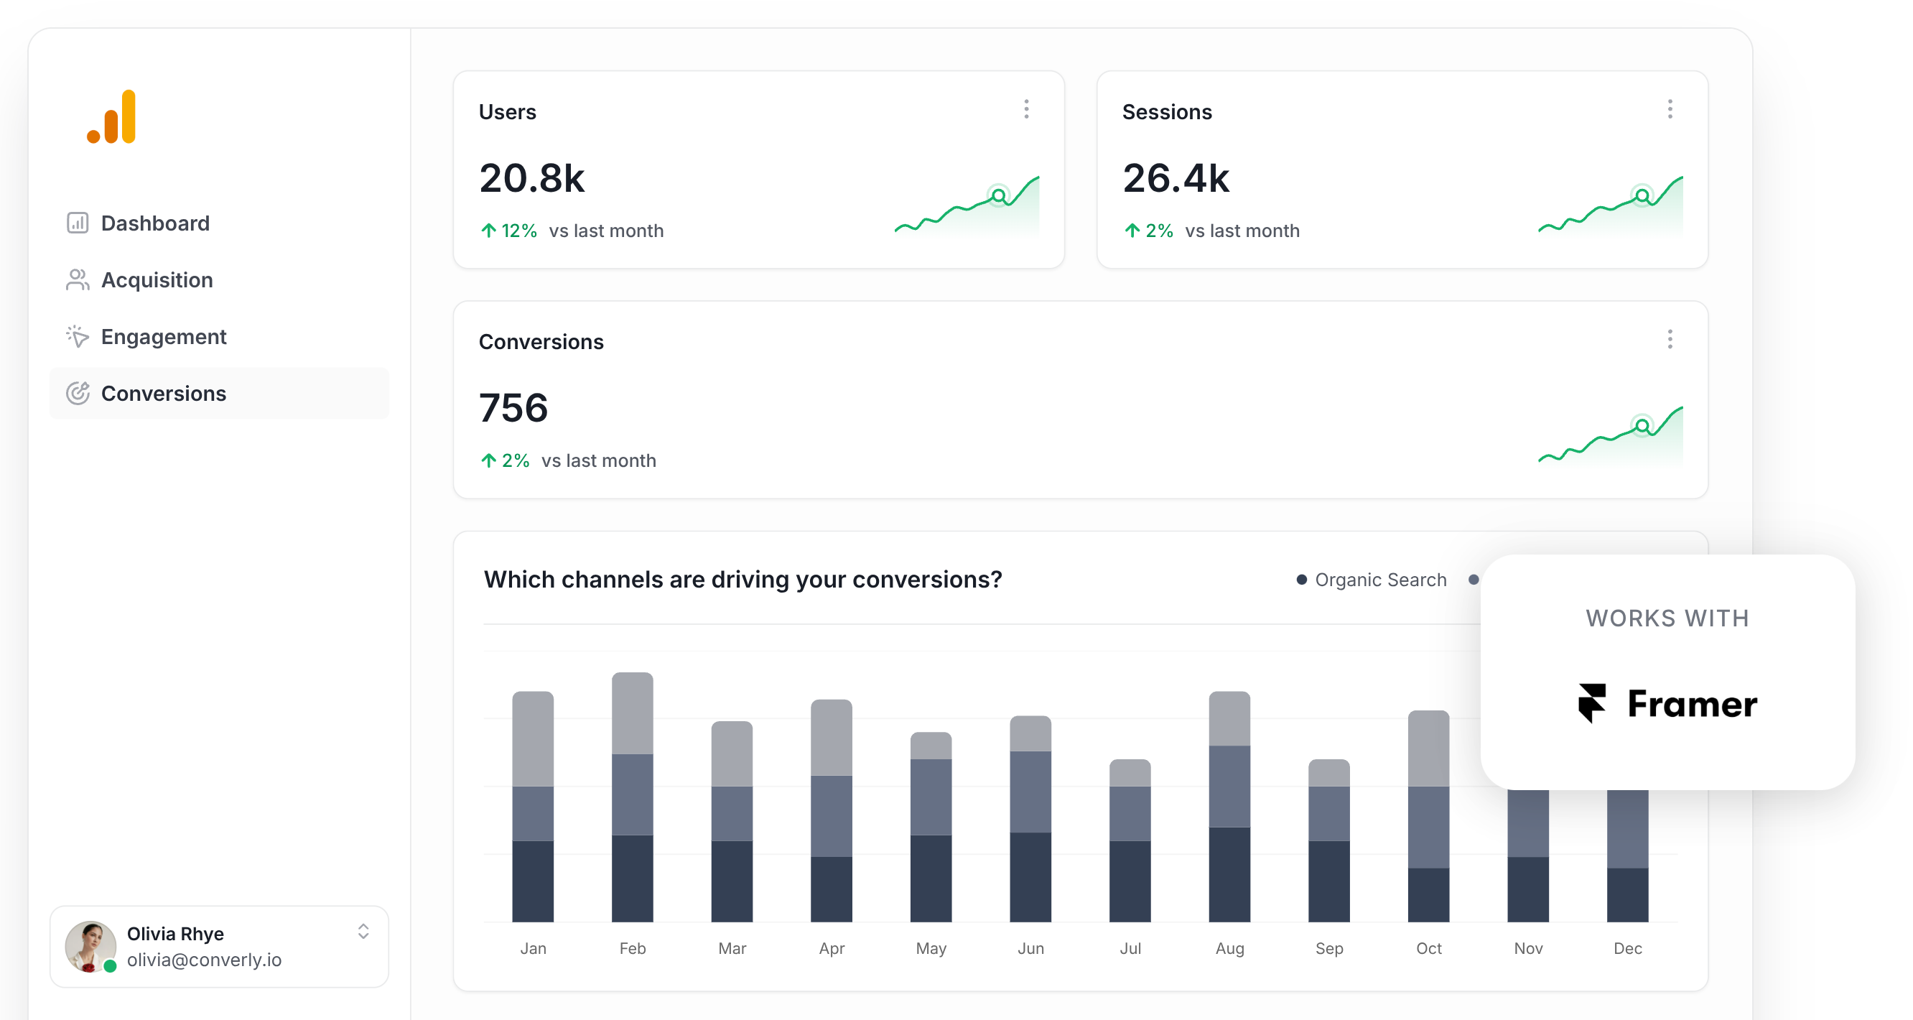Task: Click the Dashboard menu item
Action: coord(154,223)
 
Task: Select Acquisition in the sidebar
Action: coord(156,280)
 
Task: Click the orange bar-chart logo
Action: coord(112,117)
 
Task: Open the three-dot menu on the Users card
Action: coord(1026,110)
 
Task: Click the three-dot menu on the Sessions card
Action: coord(1670,110)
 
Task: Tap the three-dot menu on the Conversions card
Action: coord(1670,340)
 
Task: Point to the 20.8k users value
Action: coord(531,178)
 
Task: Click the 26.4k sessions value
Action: coord(1176,178)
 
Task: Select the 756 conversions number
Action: coord(513,408)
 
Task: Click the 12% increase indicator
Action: coord(509,231)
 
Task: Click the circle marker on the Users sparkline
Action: coord(999,196)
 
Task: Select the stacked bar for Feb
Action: coord(632,797)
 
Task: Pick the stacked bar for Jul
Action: coord(1130,840)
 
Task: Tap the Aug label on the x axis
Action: coord(1229,949)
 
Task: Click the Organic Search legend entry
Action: coord(1372,580)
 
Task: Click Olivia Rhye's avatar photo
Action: coord(90,946)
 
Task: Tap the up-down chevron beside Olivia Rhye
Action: coord(363,932)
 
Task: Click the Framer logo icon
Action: coord(1591,703)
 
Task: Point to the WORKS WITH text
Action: coord(1667,618)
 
